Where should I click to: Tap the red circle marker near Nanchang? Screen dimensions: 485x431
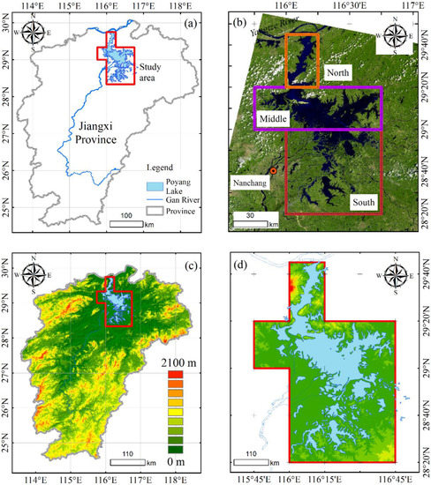[274, 170]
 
